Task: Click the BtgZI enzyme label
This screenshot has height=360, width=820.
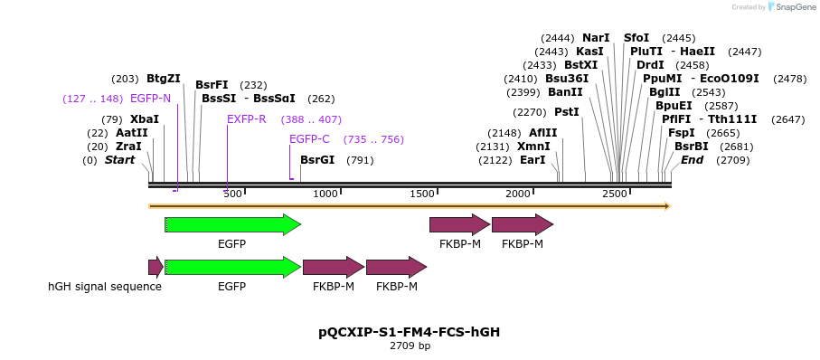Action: [x=164, y=79]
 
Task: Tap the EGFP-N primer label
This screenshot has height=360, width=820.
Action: [x=150, y=99]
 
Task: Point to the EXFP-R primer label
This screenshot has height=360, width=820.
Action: [x=247, y=119]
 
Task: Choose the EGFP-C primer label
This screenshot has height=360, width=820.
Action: [x=309, y=139]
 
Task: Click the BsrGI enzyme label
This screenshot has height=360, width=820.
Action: [x=317, y=160]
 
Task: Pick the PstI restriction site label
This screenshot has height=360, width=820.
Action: [x=567, y=112]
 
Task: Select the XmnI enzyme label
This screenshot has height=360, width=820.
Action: [x=533, y=147]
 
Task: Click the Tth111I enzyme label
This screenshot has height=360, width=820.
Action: [x=732, y=119]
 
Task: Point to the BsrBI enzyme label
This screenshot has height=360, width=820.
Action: [x=692, y=147]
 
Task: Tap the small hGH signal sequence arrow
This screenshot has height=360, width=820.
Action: [x=156, y=267]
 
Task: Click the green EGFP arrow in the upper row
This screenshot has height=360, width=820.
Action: [x=232, y=224]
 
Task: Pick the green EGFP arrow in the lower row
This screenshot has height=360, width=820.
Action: [x=232, y=267]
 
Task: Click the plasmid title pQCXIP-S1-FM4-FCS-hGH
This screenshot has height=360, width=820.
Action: [x=410, y=332]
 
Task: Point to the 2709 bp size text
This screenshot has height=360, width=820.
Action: [x=410, y=346]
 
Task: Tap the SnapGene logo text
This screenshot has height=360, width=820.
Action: [x=790, y=7]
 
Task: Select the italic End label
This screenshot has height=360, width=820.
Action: [x=692, y=160]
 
